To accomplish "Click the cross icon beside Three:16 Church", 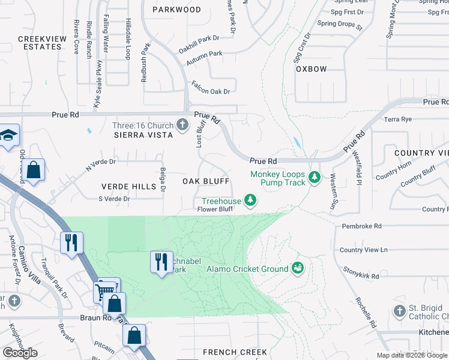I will tap(183, 125).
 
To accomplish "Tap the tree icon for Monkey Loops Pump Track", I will tap(314, 178).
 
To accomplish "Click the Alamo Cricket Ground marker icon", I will tap(297, 268).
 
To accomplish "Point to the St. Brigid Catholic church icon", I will tap(400, 311).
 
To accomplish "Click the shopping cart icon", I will tap(105, 292).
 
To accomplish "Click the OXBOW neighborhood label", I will tap(311, 69).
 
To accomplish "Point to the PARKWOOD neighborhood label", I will tap(176, 10).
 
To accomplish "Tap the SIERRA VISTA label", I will tap(143, 135).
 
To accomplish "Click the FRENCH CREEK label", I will tap(230, 352).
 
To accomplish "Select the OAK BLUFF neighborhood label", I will tap(206, 181).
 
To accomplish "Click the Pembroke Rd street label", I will tap(361, 226).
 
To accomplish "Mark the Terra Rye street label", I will tap(398, 119).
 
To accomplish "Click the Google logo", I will tap(20, 353).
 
